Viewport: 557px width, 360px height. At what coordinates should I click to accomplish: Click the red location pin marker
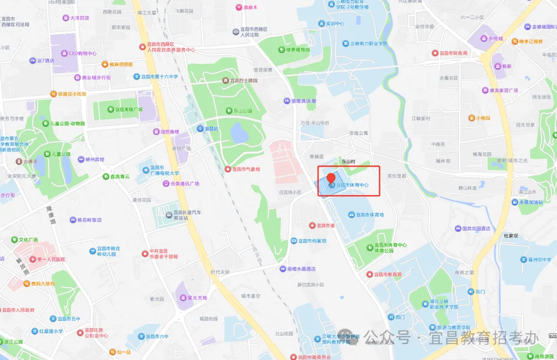[x=331, y=178]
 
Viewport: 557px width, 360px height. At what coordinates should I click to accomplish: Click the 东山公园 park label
[x=242, y=110]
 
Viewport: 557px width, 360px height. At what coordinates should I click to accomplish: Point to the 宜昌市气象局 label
[x=245, y=169]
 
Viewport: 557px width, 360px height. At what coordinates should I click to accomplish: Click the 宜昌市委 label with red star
[x=326, y=225]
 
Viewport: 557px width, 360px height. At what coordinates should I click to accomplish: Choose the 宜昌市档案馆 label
[x=313, y=240]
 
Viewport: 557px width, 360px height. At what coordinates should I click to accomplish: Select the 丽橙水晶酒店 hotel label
[x=301, y=269]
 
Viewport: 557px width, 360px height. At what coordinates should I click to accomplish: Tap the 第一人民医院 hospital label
[x=51, y=259]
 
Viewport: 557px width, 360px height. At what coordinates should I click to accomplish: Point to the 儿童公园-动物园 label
[x=67, y=123]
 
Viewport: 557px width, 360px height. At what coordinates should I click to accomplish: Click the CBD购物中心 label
[x=83, y=53]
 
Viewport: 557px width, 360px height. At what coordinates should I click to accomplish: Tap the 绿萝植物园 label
[x=298, y=50]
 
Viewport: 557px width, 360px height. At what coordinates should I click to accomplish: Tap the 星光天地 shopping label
[x=197, y=298]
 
